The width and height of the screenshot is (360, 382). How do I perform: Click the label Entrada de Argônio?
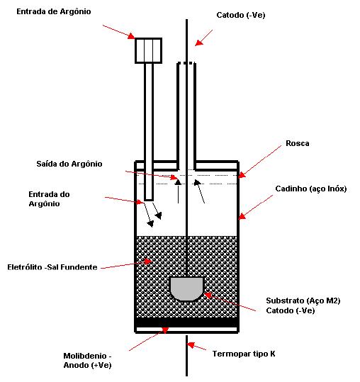[x=54, y=11]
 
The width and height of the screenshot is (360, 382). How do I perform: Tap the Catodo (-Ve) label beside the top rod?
[x=241, y=15]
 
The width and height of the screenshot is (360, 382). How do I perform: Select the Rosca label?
[x=298, y=143]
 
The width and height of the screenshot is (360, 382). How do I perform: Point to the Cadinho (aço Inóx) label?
[x=311, y=189]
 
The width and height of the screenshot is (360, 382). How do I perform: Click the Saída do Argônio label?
[x=69, y=164]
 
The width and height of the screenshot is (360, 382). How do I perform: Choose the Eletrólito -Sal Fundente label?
[x=52, y=267]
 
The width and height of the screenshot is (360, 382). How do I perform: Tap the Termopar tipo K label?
[x=244, y=354]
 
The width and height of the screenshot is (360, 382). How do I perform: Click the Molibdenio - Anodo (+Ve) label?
[x=87, y=361]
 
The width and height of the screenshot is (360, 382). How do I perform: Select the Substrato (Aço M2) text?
[x=303, y=300]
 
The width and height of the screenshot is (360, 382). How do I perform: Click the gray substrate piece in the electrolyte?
[x=186, y=288]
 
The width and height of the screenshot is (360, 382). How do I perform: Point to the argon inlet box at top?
[x=148, y=51]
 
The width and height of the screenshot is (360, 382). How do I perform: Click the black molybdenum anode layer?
[x=186, y=322]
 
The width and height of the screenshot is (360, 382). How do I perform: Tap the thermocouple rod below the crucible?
[x=186, y=356]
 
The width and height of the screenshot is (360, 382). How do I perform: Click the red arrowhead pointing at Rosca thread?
[x=242, y=174]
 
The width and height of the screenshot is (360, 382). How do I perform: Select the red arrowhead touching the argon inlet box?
[x=131, y=36]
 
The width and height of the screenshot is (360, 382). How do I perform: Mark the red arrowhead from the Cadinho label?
[x=242, y=216]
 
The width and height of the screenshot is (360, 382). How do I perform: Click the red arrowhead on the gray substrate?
[x=208, y=295]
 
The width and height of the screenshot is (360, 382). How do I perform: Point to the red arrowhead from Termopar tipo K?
[x=191, y=344]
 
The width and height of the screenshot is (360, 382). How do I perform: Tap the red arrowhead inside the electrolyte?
[x=147, y=262]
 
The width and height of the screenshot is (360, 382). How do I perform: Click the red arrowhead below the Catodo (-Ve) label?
[x=199, y=43]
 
